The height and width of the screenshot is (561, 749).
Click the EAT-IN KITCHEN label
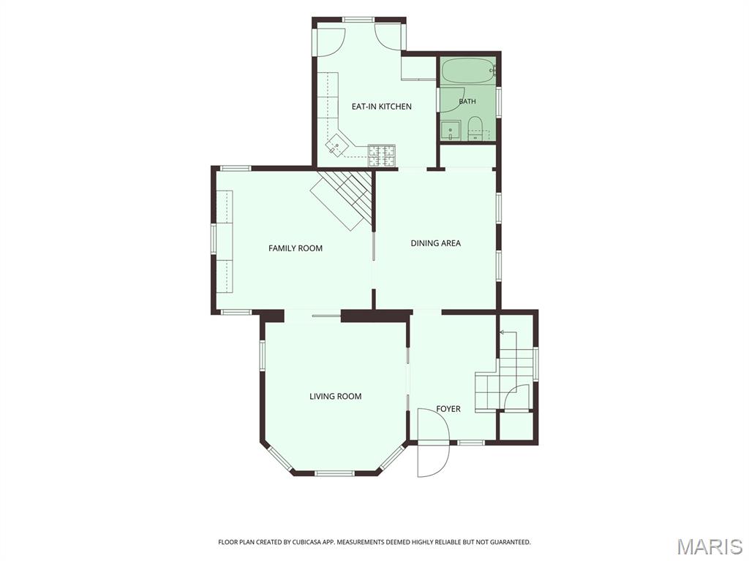381,107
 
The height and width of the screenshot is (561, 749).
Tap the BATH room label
467,101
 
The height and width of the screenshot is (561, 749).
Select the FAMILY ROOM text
296,248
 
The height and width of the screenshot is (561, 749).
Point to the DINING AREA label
436,243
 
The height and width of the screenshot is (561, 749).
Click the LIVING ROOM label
335,396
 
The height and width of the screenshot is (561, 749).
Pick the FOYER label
448,409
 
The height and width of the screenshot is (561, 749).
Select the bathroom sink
450,131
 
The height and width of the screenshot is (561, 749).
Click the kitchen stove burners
382,156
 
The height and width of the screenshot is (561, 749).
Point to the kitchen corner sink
337,145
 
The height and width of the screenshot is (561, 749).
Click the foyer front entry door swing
433,443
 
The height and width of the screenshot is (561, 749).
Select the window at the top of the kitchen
358,20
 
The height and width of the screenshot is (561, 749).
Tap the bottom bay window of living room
334,473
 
